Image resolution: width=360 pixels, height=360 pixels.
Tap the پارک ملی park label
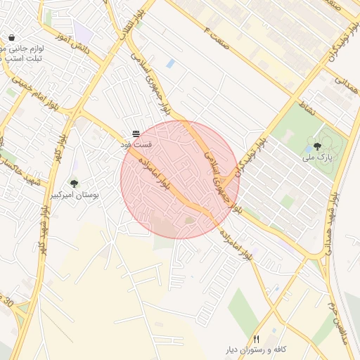(x=316, y=159)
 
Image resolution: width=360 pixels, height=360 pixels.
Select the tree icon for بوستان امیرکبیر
(x=74, y=184)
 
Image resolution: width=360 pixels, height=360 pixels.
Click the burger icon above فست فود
(x=136, y=133)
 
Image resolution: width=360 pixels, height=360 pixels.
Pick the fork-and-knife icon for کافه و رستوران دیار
(x=256, y=339)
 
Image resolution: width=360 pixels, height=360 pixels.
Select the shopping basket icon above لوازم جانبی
(x=12, y=37)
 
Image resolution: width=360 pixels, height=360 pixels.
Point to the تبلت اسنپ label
(x=24, y=58)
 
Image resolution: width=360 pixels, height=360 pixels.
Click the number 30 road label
(x=9, y=302)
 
